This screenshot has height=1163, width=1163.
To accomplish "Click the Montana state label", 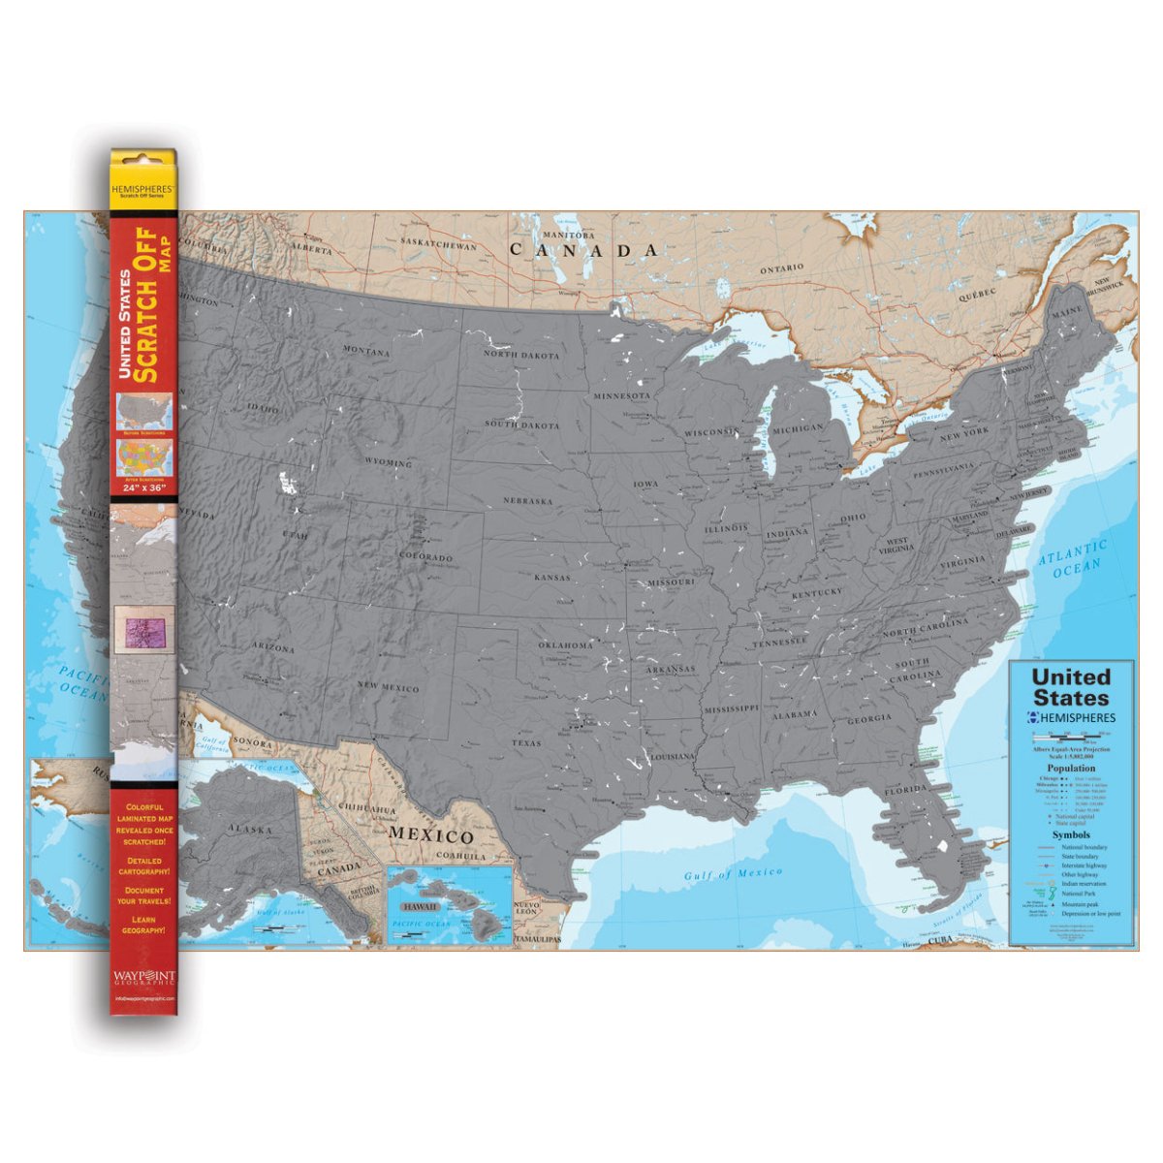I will [x=366, y=351].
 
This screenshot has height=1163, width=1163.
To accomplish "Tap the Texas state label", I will [x=527, y=743].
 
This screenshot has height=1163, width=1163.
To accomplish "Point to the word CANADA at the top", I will [x=585, y=250].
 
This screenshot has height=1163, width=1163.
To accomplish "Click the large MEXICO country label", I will [x=431, y=835].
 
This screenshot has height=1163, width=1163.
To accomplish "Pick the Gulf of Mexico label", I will [x=733, y=874].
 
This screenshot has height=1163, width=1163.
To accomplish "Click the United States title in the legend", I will [x=1070, y=687].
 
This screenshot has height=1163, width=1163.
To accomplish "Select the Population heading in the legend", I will [x=1070, y=768].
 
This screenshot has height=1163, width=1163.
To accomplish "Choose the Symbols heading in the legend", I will [x=1070, y=834].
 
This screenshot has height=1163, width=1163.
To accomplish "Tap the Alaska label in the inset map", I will [x=250, y=829].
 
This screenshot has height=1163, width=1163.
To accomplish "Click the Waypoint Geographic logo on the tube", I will [x=143, y=976].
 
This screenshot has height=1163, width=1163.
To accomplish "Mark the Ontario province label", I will [x=781, y=268].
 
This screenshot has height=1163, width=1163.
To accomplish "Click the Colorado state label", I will [x=426, y=558].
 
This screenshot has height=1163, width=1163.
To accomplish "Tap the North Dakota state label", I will [x=521, y=355].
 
